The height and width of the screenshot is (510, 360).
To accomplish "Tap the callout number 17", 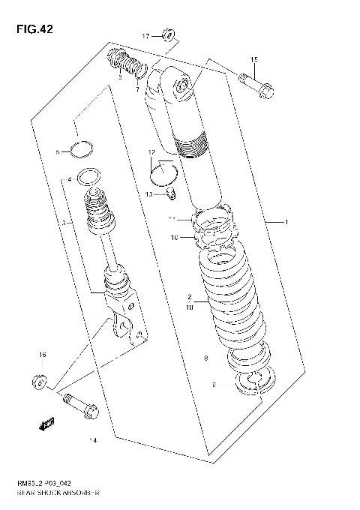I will pyautogui.click(x=146, y=35).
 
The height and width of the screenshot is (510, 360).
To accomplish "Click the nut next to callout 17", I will pyautogui.click(x=169, y=34).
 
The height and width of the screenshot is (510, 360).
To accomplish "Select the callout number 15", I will pyautogui.click(x=253, y=59).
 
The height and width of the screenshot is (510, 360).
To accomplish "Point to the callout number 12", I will pyautogui.click(x=151, y=152).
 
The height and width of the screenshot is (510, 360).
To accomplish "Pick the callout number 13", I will pyautogui.click(x=149, y=193).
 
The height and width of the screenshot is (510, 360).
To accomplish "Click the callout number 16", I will pyautogui.click(x=43, y=355).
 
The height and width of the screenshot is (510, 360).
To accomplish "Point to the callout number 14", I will pyautogui.click(x=93, y=439).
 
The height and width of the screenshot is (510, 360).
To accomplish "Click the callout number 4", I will pyautogui.click(x=69, y=180).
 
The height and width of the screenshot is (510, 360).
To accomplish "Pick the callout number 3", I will pyautogui.click(x=64, y=223).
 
